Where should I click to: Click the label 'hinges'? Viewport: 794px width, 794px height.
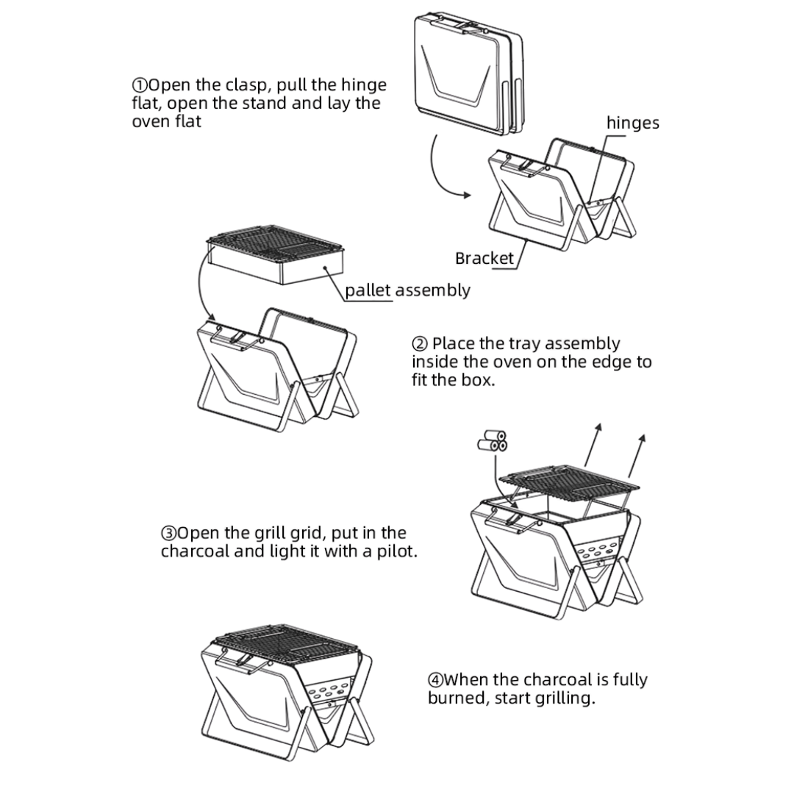[x=632, y=123]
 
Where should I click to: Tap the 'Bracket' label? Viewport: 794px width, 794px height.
[x=484, y=259]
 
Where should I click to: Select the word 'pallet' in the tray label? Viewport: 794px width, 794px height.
[x=368, y=290]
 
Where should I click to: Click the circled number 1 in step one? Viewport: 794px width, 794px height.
[x=140, y=85]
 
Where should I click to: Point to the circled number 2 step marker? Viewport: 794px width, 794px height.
[x=419, y=344]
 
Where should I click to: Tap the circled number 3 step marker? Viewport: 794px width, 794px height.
[x=168, y=533]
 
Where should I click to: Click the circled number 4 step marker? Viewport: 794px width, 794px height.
[x=435, y=680]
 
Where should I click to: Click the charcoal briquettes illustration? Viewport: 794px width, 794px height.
[x=492, y=442]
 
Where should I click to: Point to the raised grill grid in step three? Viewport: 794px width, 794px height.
[x=566, y=482]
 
